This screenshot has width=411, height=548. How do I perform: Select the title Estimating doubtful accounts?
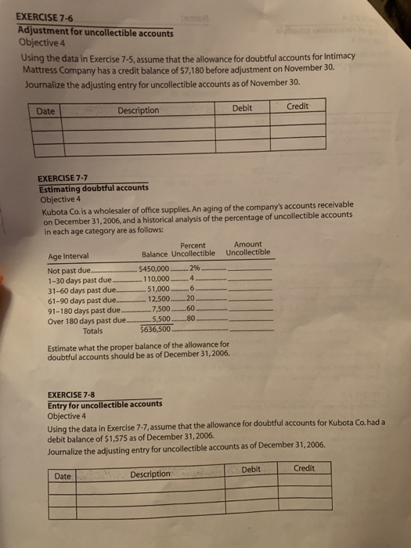pyautogui.click(x=94, y=189)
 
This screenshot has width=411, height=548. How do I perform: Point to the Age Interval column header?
pyautogui.click(x=69, y=256)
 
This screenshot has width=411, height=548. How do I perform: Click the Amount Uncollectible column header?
pyautogui.click(x=248, y=249)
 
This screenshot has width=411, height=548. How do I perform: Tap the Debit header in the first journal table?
pyautogui.click(x=243, y=108)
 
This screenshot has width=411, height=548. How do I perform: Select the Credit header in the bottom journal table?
pyautogui.click(x=304, y=468)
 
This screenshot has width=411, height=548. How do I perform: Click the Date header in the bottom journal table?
pyautogui.click(x=64, y=475)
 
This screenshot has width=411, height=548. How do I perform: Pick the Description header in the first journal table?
pyautogui.click(x=138, y=110)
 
